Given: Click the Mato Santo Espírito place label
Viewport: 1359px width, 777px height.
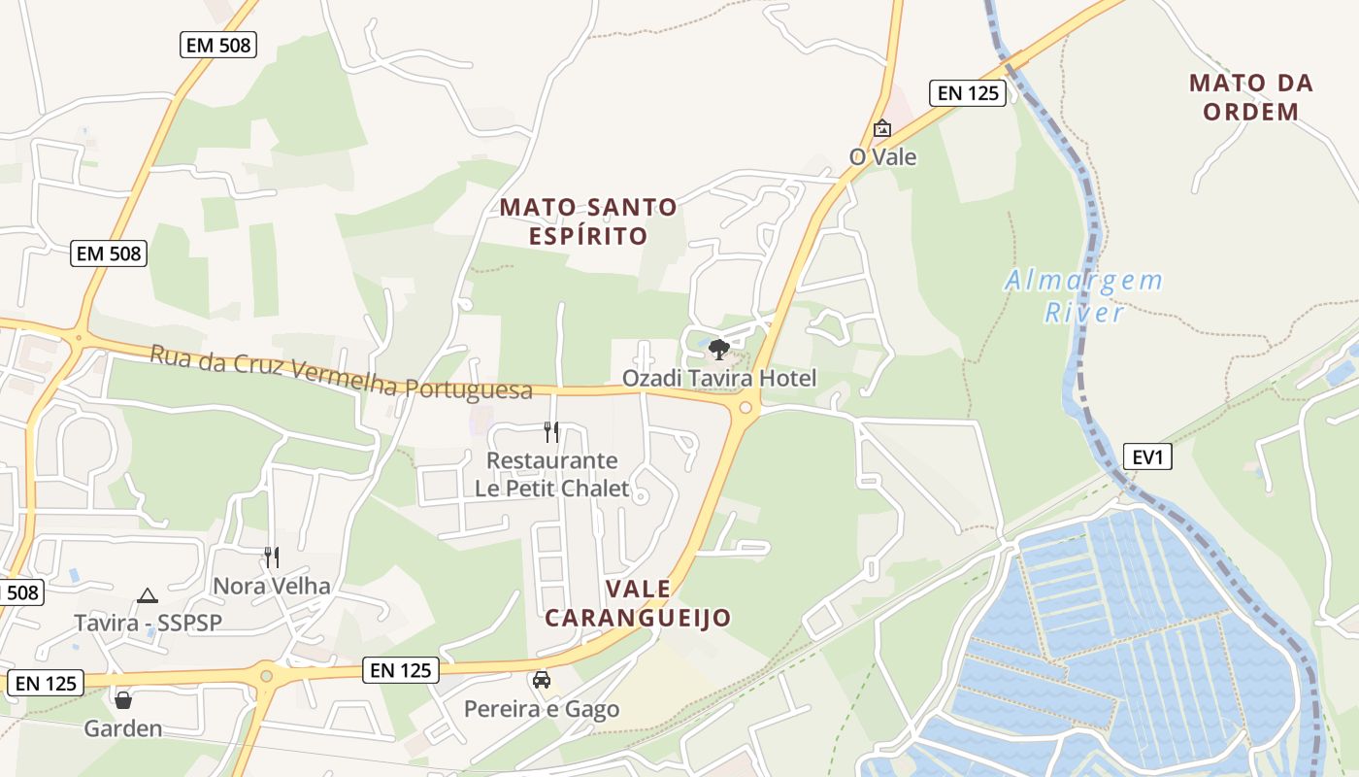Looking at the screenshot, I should click(x=588, y=221).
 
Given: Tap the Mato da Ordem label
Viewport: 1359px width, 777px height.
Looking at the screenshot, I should click(x=1251, y=97).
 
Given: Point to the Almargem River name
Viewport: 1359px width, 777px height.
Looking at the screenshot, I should click(x=1083, y=296).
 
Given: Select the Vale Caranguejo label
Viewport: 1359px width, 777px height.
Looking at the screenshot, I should click(x=638, y=603).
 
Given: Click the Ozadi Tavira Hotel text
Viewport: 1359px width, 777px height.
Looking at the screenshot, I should click(x=719, y=378).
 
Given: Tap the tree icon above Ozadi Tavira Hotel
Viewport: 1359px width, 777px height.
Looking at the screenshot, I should click(x=718, y=350).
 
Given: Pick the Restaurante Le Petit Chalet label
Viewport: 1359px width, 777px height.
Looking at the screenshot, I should click(x=552, y=474).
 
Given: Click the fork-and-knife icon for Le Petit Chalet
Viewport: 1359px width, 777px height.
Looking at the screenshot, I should click(x=551, y=431).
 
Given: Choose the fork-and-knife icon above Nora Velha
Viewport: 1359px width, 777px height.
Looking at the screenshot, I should click(x=272, y=557).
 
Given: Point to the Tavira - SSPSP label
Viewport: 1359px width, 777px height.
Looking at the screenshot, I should click(x=149, y=623).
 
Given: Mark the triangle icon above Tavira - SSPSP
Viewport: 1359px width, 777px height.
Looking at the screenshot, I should click(x=148, y=595).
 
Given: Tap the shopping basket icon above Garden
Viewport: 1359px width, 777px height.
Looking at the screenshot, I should click(x=123, y=699).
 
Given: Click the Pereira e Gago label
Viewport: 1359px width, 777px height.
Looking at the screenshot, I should click(x=542, y=709).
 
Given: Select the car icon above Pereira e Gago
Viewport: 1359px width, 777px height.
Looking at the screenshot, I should click(x=542, y=680).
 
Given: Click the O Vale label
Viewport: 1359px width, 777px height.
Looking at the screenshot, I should click(x=882, y=156).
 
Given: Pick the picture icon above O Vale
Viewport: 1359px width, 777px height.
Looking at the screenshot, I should click(x=881, y=128).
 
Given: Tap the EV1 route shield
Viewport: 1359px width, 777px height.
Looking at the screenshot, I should click(x=1147, y=456).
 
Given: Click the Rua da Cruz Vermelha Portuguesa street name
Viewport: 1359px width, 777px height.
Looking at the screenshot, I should click(x=341, y=372).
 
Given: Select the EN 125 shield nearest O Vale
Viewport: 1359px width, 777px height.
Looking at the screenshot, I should click(x=967, y=93).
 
